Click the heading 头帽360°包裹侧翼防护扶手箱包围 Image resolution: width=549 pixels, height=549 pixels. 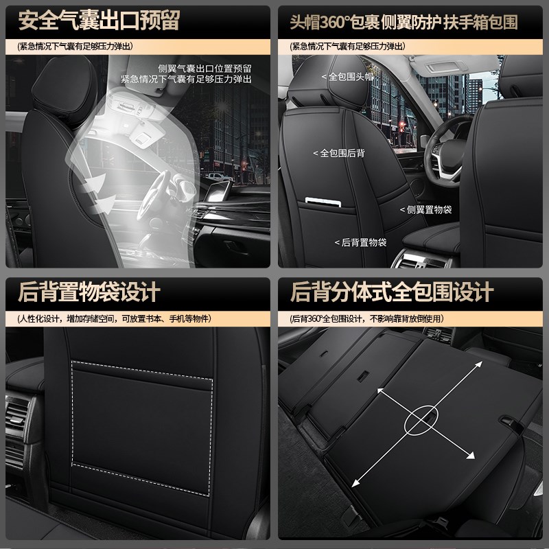point(404,22)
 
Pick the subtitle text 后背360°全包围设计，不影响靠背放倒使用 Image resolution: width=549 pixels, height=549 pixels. point(366,319)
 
